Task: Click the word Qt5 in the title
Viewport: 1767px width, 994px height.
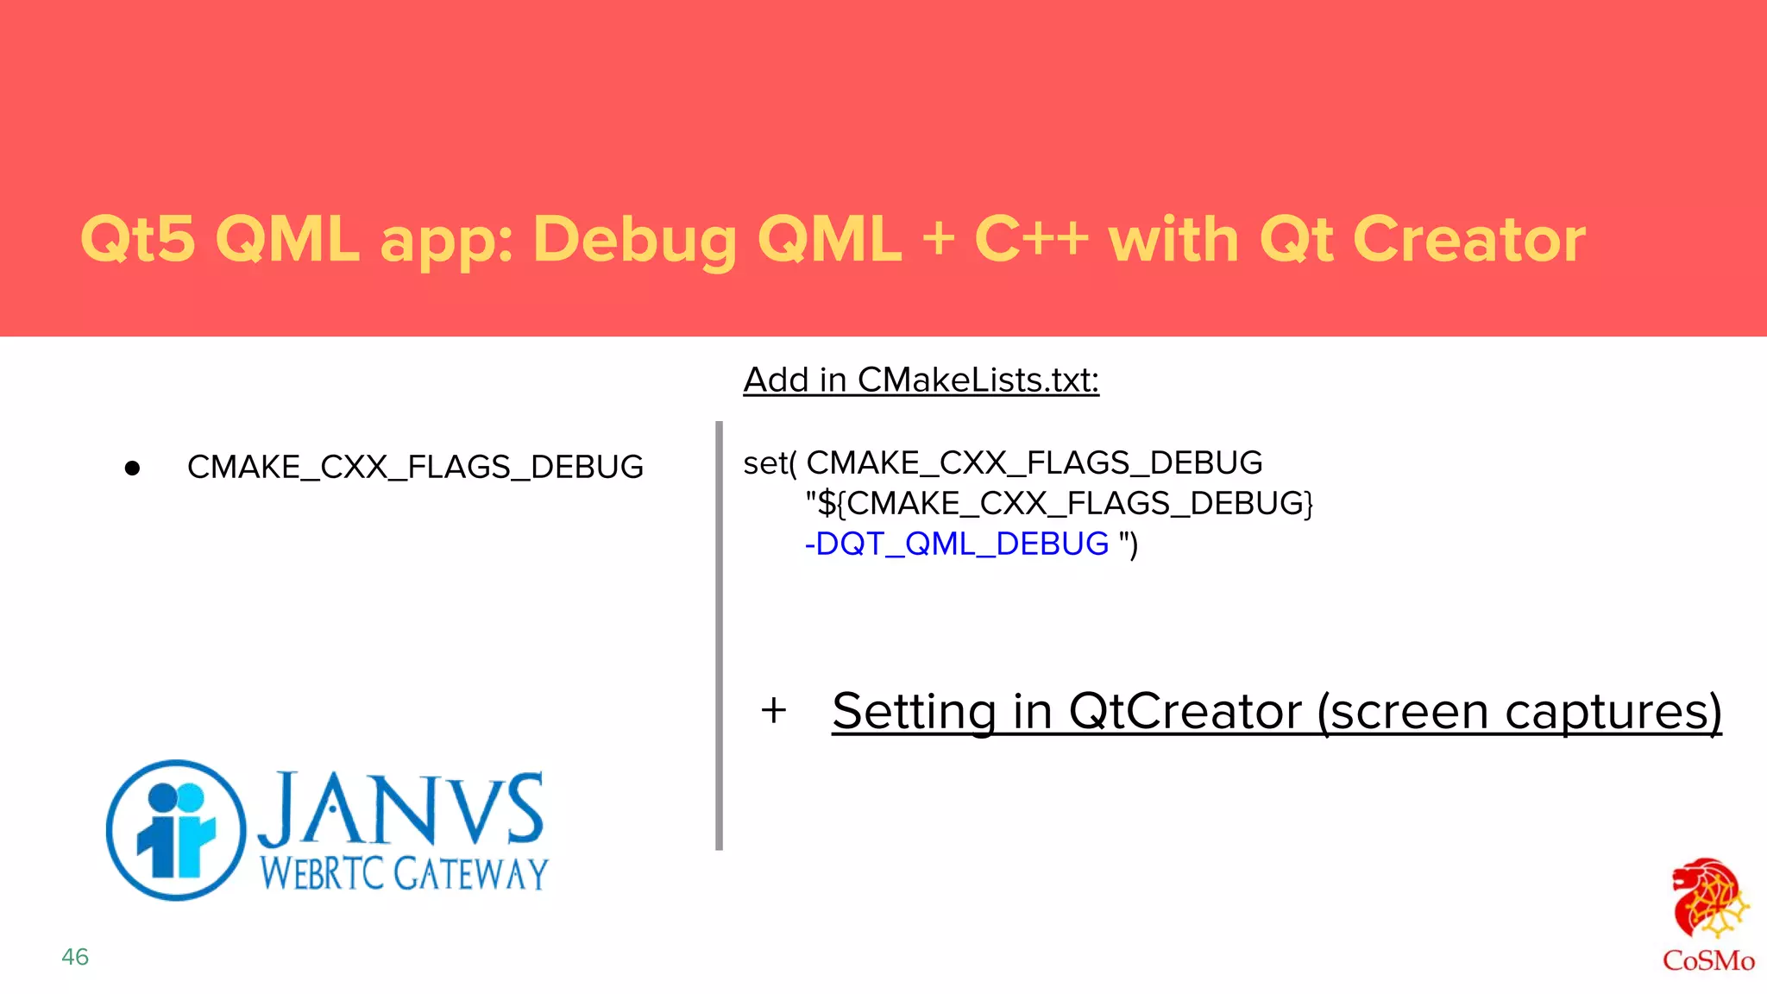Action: pyautogui.click(x=138, y=239)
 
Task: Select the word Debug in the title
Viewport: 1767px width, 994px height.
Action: pyautogui.click(x=634, y=239)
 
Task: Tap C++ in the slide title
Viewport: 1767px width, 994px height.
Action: pyautogui.click(x=1031, y=239)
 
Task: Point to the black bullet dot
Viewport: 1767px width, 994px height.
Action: pyautogui.click(x=132, y=469)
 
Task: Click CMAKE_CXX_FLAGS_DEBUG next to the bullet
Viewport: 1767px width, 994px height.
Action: pyautogui.click(x=415, y=467)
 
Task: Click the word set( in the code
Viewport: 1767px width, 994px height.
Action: pyautogui.click(x=770, y=463)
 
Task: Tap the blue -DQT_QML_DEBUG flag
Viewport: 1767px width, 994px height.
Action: pyautogui.click(x=956, y=544)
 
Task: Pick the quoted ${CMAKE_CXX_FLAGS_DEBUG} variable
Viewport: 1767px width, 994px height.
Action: pyautogui.click(x=1060, y=503)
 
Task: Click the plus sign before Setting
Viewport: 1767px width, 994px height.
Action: pyautogui.click(x=774, y=711)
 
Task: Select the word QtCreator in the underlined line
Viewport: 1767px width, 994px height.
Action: pyautogui.click(x=1185, y=712)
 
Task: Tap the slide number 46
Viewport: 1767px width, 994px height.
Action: pyautogui.click(x=75, y=957)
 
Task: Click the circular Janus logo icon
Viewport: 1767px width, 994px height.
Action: pyautogui.click(x=175, y=830)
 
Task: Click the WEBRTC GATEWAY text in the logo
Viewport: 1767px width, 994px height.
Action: pyautogui.click(x=404, y=873)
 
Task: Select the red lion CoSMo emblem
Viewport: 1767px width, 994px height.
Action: pyautogui.click(x=1709, y=898)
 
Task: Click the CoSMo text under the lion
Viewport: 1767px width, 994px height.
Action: pyautogui.click(x=1708, y=960)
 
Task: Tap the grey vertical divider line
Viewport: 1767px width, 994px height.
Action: pyautogui.click(x=719, y=636)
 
